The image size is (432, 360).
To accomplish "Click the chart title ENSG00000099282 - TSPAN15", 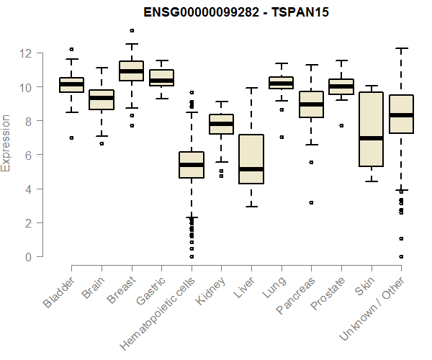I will (x=227, y=12).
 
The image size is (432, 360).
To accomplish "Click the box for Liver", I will (x=251, y=159).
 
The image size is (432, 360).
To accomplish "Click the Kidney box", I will (x=221, y=124).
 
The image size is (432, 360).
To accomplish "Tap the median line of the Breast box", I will (x=131, y=71).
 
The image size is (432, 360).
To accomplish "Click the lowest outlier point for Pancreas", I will (x=310, y=203).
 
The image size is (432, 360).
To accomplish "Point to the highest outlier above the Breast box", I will (x=131, y=30).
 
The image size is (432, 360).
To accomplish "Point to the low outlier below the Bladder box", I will (x=71, y=138).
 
